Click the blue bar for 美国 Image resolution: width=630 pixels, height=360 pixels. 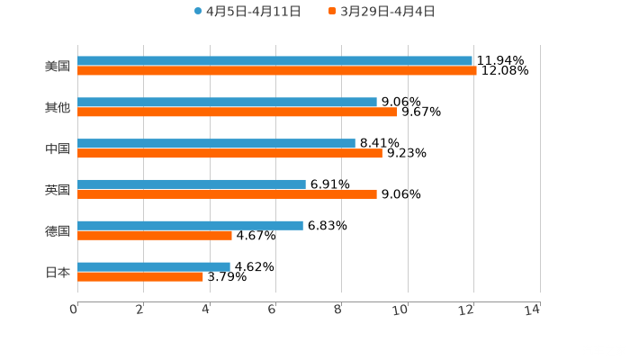coord(274,61)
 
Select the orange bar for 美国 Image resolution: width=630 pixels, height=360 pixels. coord(277,71)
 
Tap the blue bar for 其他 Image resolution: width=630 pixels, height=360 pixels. coord(227,103)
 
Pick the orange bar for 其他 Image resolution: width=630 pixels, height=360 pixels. coord(238,112)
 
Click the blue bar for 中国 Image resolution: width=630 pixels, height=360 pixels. coord(216,144)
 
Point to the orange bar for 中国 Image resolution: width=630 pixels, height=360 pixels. coord(229,154)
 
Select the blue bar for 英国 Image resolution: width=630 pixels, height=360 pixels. coord(192,184)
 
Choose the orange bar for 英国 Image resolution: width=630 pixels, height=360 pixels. coord(227,194)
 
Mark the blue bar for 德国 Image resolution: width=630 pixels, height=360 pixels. coord(190,226)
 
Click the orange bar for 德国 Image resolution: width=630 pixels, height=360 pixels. coord(155,236)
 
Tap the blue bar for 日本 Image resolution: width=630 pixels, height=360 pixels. coord(154,267)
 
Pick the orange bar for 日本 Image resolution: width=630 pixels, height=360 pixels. coord(140,277)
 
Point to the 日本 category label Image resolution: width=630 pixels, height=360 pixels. coord(58,272)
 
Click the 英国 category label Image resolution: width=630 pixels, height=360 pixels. coord(58,190)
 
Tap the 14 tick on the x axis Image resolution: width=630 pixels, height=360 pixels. coord(532,310)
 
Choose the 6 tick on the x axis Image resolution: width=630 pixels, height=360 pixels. coord(272,310)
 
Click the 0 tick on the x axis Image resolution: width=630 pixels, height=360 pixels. coord(74,310)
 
